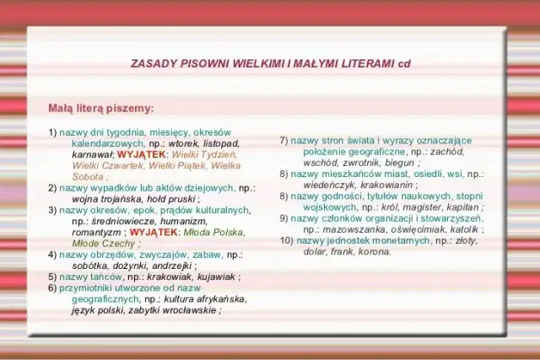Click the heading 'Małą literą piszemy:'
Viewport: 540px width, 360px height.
101,108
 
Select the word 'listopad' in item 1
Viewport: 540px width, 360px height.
221,143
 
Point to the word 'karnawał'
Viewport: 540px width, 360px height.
92,155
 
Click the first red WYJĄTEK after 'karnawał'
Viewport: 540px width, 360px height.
142,155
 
